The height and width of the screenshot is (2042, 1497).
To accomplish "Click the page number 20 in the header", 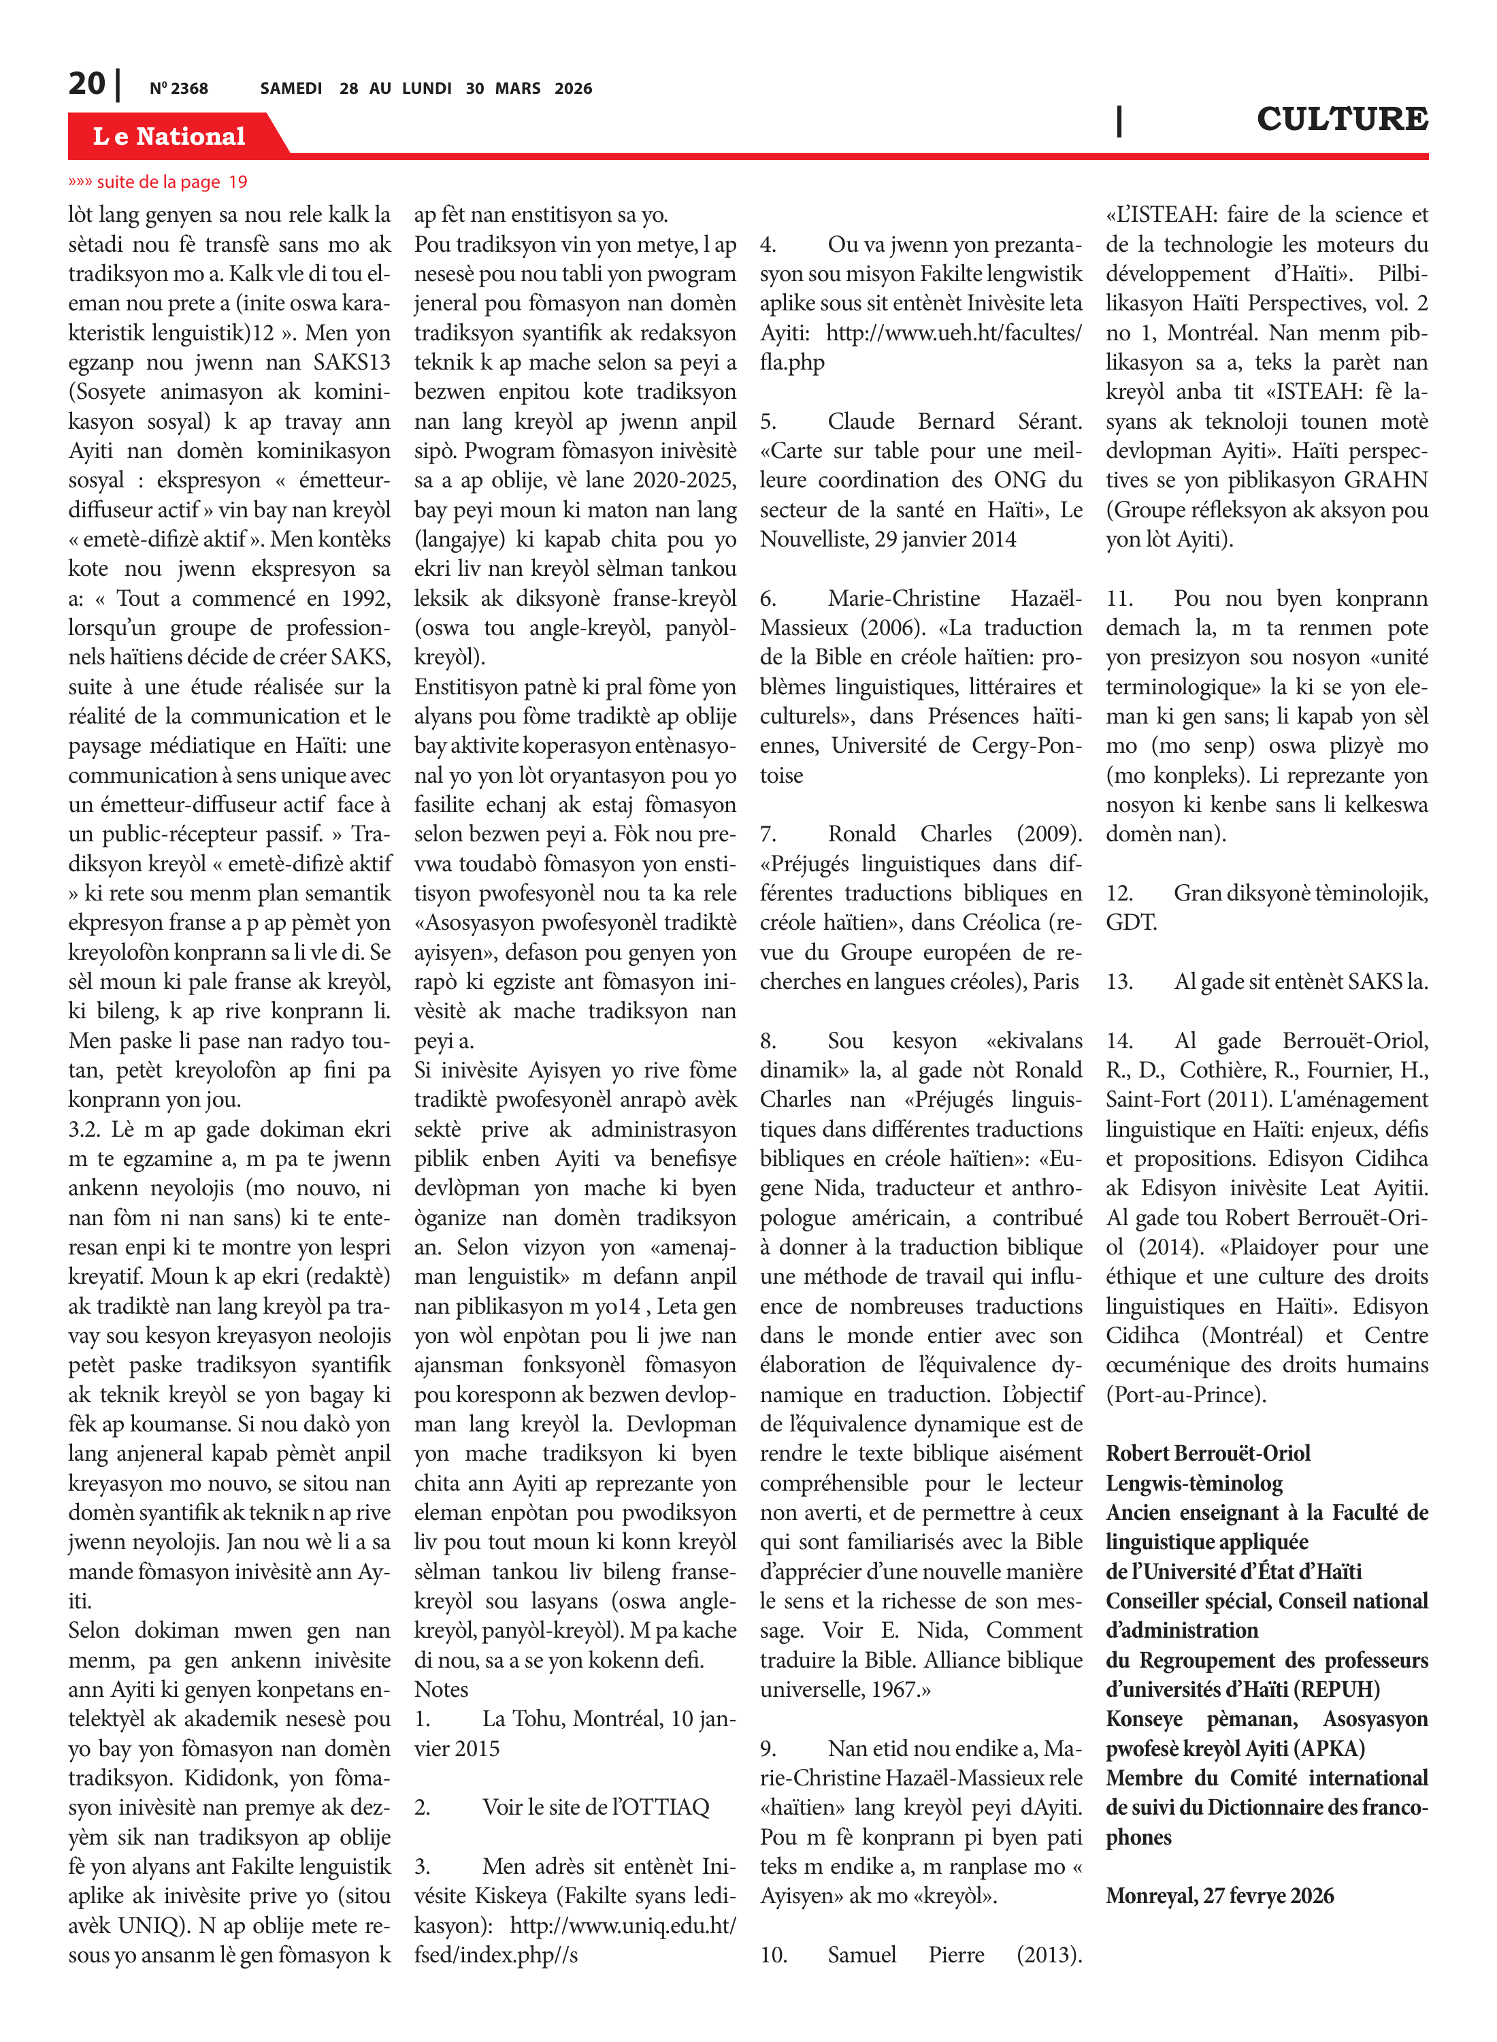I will pyautogui.click(x=86, y=84).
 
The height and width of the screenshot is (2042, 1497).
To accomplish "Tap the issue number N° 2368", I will pyautogui.click(x=178, y=88).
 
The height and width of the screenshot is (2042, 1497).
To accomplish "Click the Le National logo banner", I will pyautogui.click(x=169, y=136).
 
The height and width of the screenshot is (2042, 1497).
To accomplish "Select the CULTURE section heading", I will pyautogui.click(x=1341, y=118).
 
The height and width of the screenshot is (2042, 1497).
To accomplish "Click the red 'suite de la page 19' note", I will pyautogui.click(x=158, y=182).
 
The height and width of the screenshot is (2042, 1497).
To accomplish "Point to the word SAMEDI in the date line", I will pyautogui.click(x=291, y=88).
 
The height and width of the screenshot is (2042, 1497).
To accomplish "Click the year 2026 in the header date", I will pyautogui.click(x=573, y=88).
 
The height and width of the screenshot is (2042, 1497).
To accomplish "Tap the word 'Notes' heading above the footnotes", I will pyautogui.click(x=442, y=1689).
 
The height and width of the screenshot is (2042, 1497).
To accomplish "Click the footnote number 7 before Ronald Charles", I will pyautogui.click(x=768, y=834).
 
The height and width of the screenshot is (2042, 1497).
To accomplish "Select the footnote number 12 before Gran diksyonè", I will pyautogui.click(x=1119, y=894).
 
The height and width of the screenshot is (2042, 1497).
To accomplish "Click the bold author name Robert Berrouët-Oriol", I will pyautogui.click(x=1208, y=1454).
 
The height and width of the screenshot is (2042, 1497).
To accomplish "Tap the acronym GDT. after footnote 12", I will pyautogui.click(x=1131, y=923).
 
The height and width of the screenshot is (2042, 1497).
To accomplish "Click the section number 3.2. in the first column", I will pyautogui.click(x=87, y=1129).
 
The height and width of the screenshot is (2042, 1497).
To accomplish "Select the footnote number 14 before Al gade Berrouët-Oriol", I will pyautogui.click(x=1119, y=1041).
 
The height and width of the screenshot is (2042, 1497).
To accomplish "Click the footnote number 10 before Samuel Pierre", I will pyautogui.click(x=773, y=1955).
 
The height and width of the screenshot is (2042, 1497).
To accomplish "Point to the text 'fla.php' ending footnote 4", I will pyautogui.click(x=792, y=363).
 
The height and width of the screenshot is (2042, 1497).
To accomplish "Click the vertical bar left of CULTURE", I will pyautogui.click(x=1119, y=120).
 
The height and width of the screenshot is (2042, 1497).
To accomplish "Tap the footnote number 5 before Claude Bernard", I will pyautogui.click(x=768, y=421).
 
